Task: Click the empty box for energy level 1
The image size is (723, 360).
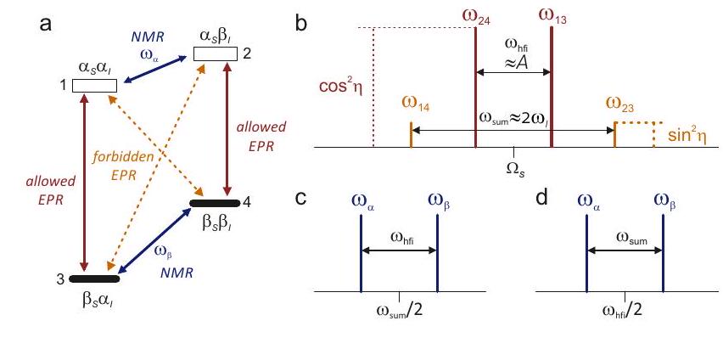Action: click(93, 86)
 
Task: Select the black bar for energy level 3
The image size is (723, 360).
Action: click(92, 278)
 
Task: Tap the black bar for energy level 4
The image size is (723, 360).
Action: click(214, 204)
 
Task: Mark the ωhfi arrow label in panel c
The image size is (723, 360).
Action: click(398, 239)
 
